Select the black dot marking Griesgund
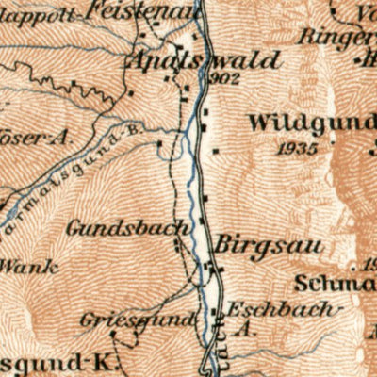pos(113,333)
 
